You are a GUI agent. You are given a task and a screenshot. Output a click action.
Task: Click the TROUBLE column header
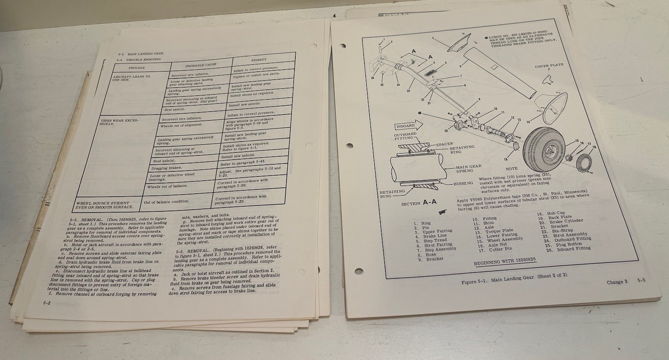point(136,67)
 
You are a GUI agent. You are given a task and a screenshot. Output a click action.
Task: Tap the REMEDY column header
point(259,60)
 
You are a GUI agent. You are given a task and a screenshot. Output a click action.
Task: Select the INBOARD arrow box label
point(405,126)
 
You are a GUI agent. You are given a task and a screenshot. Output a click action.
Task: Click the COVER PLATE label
point(549,66)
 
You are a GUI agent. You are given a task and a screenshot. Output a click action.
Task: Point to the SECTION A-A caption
point(419,203)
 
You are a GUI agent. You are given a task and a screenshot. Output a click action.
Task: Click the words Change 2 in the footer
point(616,282)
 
